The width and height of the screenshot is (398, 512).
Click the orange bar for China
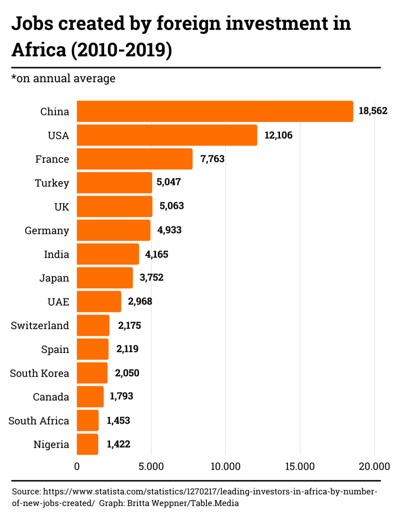(x=215, y=111)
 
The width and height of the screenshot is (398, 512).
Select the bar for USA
(x=167, y=135)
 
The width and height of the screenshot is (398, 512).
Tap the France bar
(x=134, y=159)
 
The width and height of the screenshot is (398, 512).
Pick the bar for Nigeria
(x=87, y=444)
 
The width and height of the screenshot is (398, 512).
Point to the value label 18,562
(x=373, y=111)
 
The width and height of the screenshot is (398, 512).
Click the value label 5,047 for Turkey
(x=168, y=182)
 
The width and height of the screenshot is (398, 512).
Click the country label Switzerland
(x=40, y=325)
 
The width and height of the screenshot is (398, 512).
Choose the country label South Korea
(x=39, y=373)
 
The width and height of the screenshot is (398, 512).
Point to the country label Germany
(x=47, y=230)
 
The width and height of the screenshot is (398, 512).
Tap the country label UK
(x=60, y=206)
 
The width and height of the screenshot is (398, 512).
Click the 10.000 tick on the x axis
(x=225, y=466)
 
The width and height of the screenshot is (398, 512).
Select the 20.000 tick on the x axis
(x=374, y=466)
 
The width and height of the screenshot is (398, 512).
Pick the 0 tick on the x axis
(x=77, y=466)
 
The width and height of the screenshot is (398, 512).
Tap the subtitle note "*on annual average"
(x=63, y=78)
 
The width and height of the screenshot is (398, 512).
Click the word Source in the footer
(x=26, y=491)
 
